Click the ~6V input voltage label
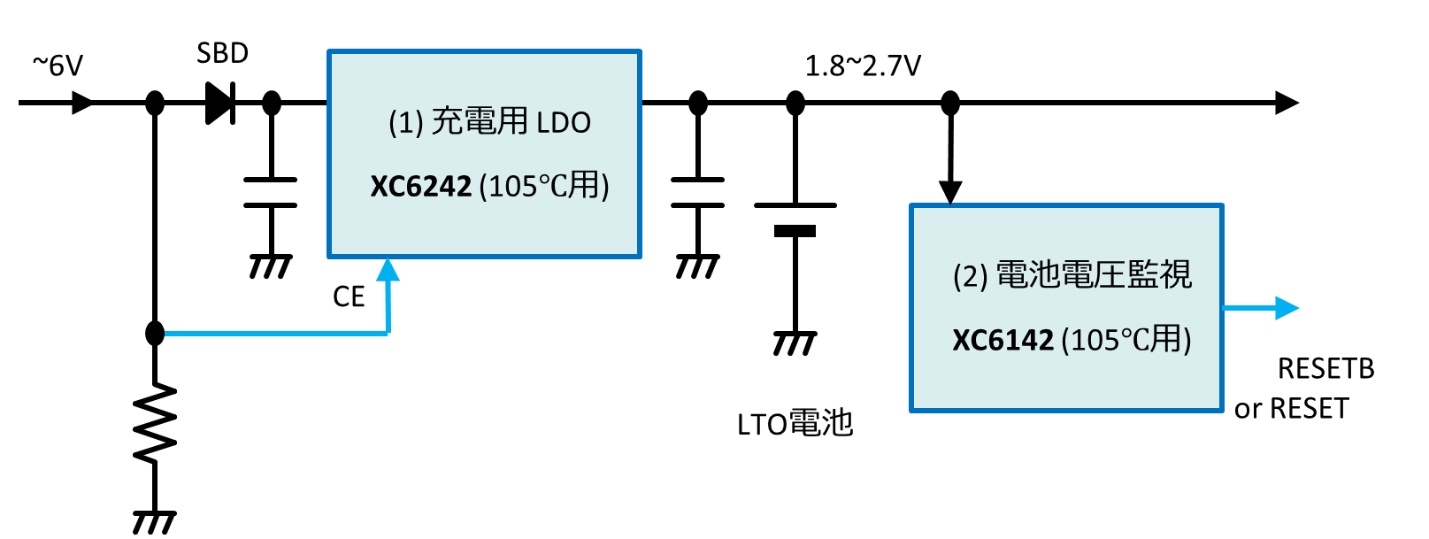pyautogui.click(x=58, y=65)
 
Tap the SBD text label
pyautogui.click(x=222, y=53)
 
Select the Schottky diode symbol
pyautogui.click(x=220, y=103)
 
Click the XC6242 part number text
pyautogui.click(x=420, y=187)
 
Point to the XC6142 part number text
pyautogui.click(x=1003, y=341)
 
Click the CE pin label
pyautogui.click(x=349, y=296)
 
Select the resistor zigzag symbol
pyautogui.click(x=155, y=422)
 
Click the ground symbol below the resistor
pyautogui.click(x=154, y=522)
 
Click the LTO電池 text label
pyautogui.click(x=795, y=424)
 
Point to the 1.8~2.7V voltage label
pyautogui.click(x=863, y=65)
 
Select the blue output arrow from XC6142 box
pyautogui.click(x=1261, y=308)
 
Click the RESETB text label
pyautogui.click(x=1326, y=369)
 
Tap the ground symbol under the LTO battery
pyautogui.click(x=795, y=343)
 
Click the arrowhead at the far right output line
pyautogui.click(x=1287, y=103)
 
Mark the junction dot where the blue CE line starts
pyautogui.click(x=155, y=333)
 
